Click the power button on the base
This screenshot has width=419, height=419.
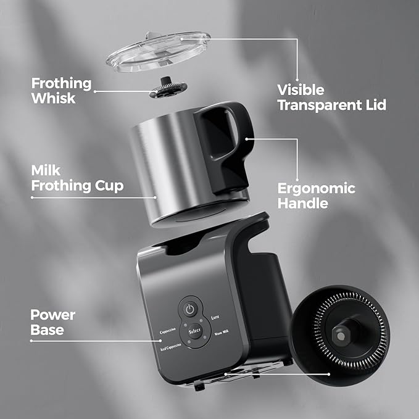pos(190,309)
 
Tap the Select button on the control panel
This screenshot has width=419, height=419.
pos(194,331)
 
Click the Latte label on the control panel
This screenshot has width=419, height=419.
pos(215,317)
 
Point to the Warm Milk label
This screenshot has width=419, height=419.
pos(222,333)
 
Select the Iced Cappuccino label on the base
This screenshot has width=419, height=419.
pos(171,347)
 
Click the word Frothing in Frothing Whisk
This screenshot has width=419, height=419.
pos(62,84)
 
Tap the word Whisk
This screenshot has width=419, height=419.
pos(53,98)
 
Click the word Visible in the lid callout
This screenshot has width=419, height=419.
pos(301,90)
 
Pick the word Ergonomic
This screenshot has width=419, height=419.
pos(317,189)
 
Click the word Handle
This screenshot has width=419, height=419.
pos(303,203)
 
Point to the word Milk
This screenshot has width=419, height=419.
pos(46,170)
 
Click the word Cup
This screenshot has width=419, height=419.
pos(109,186)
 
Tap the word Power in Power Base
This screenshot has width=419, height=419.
pos(52,315)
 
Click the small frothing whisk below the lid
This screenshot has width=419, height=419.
pos(168,88)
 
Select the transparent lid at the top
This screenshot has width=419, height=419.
pos(158,52)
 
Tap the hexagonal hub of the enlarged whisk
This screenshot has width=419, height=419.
pos(341,335)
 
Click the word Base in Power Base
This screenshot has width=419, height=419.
pos(47,330)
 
